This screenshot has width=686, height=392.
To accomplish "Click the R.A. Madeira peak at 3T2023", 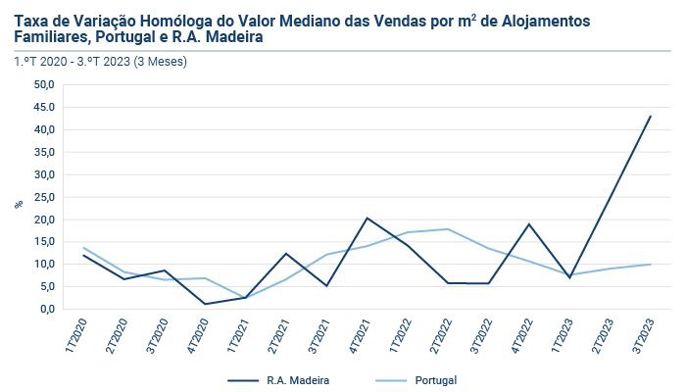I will [x=650, y=117].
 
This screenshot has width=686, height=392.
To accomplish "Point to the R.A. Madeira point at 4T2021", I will [x=367, y=218].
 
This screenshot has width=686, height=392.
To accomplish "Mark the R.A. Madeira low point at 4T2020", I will [x=205, y=304].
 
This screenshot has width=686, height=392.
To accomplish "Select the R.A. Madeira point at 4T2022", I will [x=528, y=224].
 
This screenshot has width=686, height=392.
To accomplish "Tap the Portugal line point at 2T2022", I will [x=448, y=229].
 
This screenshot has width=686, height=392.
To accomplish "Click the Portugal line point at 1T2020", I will [x=84, y=248].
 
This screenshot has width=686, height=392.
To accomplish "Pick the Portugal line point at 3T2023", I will [x=650, y=264].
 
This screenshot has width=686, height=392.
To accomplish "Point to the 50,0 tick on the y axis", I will [x=43, y=85].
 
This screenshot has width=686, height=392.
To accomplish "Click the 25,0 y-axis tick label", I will [x=43, y=197].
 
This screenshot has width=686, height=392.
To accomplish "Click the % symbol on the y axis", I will [x=18, y=204].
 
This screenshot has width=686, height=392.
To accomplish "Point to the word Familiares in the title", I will [x=55, y=37].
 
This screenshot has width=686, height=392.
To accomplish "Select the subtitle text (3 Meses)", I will [x=158, y=61].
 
